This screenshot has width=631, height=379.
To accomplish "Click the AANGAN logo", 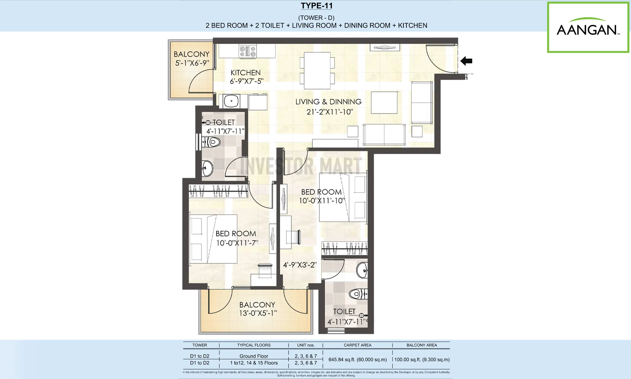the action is pyautogui.click(x=588, y=27).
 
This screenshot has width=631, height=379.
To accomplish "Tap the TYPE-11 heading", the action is pyautogui.click(x=317, y=6).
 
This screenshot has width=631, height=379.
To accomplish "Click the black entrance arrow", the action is pyautogui.click(x=466, y=61).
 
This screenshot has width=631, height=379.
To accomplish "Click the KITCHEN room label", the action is pyautogui.click(x=246, y=73).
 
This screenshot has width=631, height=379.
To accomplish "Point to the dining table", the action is pyautogui.click(x=317, y=71).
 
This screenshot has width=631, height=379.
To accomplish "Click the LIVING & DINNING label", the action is pyautogui.click(x=328, y=102).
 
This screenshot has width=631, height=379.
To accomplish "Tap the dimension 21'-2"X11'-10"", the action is pyautogui.click(x=329, y=112).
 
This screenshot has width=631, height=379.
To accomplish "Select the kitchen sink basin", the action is pyautogui.click(x=231, y=101).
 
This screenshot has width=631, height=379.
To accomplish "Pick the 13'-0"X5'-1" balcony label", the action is pyautogui.click(x=258, y=313).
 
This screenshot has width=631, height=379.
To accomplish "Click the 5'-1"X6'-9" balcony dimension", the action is pyautogui.click(x=192, y=63).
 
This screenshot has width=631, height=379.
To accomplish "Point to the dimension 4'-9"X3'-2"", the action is pyautogui.click(x=300, y=265).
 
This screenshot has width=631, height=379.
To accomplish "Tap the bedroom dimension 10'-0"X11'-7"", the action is pyautogui.click(x=237, y=243).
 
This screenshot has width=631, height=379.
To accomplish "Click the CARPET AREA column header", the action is pyautogui.click(x=358, y=345).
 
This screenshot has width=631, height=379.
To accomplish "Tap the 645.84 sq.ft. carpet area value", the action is pyautogui.click(x=358, y=360).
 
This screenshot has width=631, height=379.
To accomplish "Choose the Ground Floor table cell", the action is pyautogui.click(x=254, y=356).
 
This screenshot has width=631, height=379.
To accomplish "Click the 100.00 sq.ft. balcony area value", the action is pyautogui.click(x=422, y=360).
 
